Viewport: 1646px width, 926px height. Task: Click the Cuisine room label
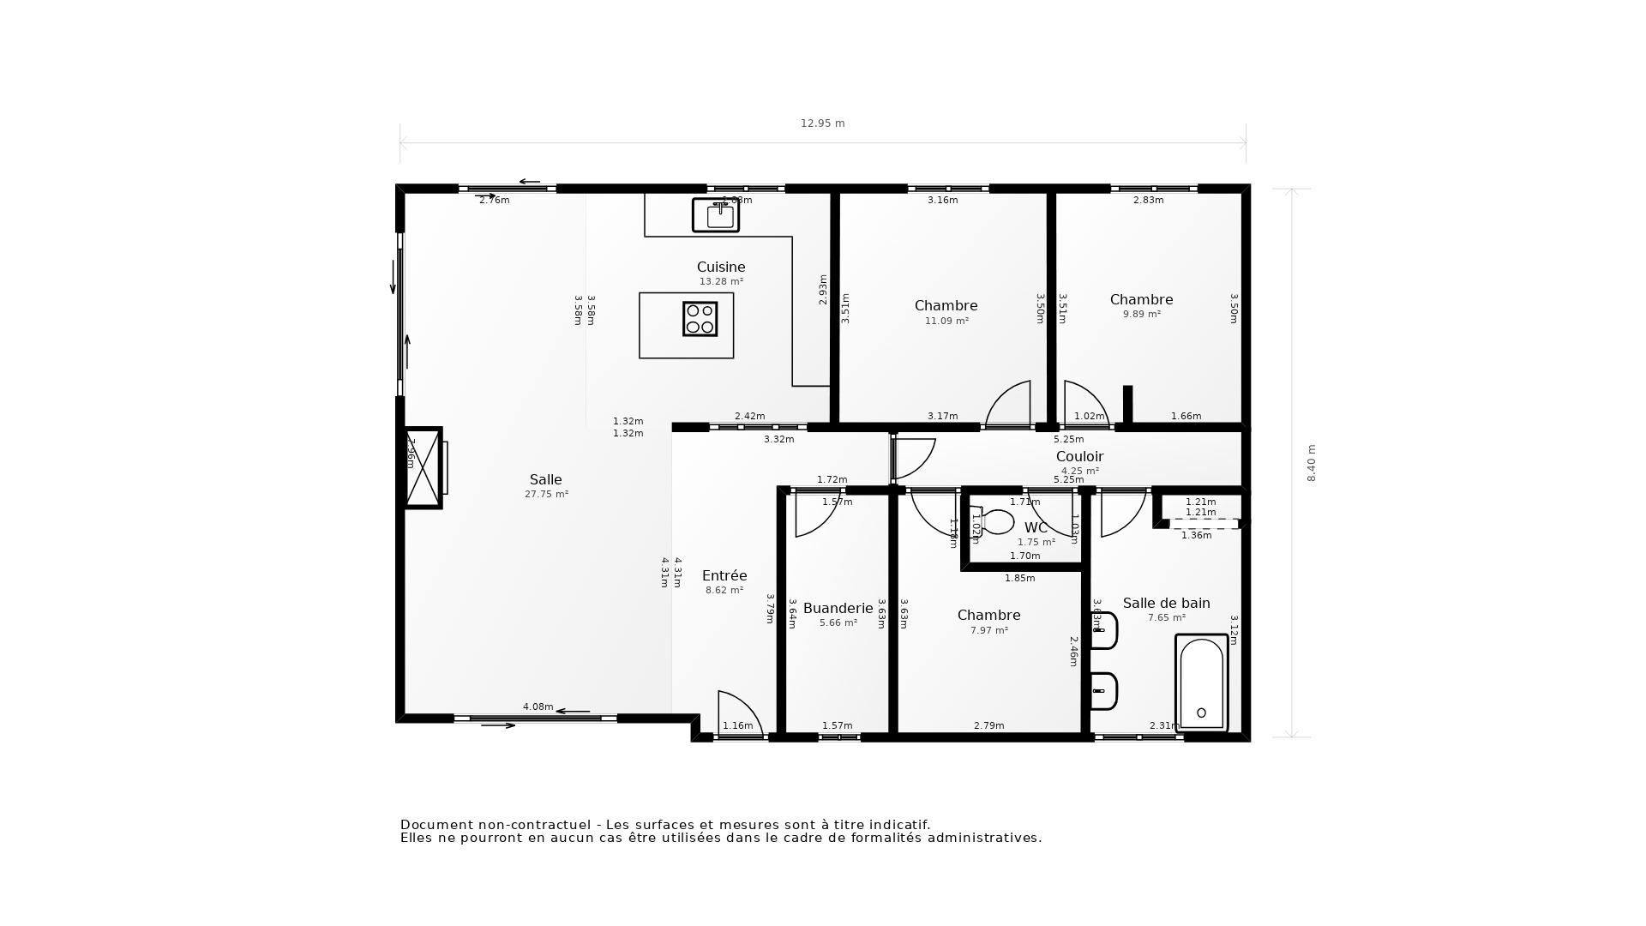tap(720, 268)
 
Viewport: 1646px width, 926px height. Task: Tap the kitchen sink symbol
tap(716, 215)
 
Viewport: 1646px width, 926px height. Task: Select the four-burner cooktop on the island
tap(700, 319)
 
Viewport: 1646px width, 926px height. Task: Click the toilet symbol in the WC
tap(994, 521)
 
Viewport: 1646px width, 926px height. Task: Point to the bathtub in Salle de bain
tap(1201, 683)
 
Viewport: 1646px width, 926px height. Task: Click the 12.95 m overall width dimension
tap(822, 123)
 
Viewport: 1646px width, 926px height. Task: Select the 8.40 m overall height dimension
tap(1311, 463)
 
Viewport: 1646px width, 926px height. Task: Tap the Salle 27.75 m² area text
tap(546, 495)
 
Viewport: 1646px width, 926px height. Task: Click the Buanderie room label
tap(838, 609)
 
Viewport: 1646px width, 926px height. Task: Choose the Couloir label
tap(1079, 457)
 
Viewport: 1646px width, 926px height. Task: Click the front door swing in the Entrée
tap(737, 713)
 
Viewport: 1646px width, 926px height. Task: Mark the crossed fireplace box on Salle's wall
tap(423, 468)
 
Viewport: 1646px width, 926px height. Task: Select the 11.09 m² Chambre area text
tap(946, 322)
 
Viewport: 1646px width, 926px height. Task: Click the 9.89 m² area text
tap(1141, 315)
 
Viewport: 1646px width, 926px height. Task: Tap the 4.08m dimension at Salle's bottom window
tap(538, 707)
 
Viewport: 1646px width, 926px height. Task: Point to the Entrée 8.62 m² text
tap(724, 591)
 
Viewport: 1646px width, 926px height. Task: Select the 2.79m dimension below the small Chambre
tap(988, 726)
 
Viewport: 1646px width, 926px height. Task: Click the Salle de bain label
tap(1166, 604)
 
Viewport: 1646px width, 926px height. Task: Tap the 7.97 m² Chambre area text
tap(988, 631)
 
